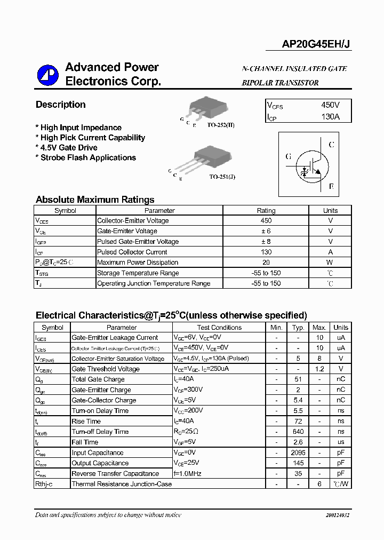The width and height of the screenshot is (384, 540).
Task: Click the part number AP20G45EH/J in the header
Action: (x=316, y=46)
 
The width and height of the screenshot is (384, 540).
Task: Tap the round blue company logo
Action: (x=47, y=76)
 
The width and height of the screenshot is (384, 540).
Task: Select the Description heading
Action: (x=60, y=105)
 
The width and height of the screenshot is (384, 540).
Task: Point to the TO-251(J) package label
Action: (x=221, y=176)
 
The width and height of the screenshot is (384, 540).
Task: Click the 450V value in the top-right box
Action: (x=330, y=106)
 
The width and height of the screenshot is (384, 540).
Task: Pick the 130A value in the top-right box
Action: (x=330, y=117)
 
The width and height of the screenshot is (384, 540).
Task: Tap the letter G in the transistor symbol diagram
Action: (x=289, y=157)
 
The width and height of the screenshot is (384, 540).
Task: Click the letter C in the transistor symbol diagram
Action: (x=332, y=145)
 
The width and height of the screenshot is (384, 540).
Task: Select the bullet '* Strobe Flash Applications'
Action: (x=85, y=158)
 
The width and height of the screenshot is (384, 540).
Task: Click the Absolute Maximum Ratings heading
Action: (x=95, y=200)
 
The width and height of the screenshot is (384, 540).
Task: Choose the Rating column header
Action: (x=266, y=210)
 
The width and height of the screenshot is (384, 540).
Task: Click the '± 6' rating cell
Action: (x=266, y=231)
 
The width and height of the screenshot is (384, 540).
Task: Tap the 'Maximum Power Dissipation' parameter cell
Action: (x=138, y=263)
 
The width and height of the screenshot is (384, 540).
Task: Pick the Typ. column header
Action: (x=298, y=328)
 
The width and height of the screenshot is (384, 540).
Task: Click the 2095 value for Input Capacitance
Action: (x=298, y=452)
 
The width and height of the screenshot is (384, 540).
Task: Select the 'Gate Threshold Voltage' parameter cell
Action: (x=106, y=369)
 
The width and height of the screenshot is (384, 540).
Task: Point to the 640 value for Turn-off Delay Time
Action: (x=298, y=432)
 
